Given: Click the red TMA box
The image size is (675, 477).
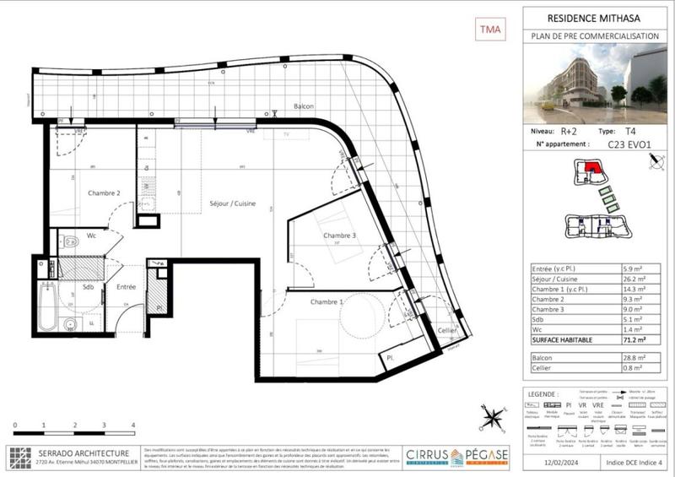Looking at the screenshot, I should click(x=489, y=30).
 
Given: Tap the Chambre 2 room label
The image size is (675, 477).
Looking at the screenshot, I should click(x=104, y=193).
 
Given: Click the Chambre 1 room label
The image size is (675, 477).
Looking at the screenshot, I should click(x=327, y=302).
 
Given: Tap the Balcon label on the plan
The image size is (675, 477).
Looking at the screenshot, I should click(x=304, y=106).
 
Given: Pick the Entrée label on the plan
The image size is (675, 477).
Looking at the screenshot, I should click(x=127, y=288).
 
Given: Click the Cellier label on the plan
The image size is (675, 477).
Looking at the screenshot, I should click(x=448, y=330).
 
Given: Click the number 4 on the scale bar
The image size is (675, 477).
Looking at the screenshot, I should click(x=133, y=425).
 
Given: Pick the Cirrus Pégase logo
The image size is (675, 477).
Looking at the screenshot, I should click(x=457, y=457).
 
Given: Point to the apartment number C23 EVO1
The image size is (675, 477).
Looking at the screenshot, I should click(x=629, y=144).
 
